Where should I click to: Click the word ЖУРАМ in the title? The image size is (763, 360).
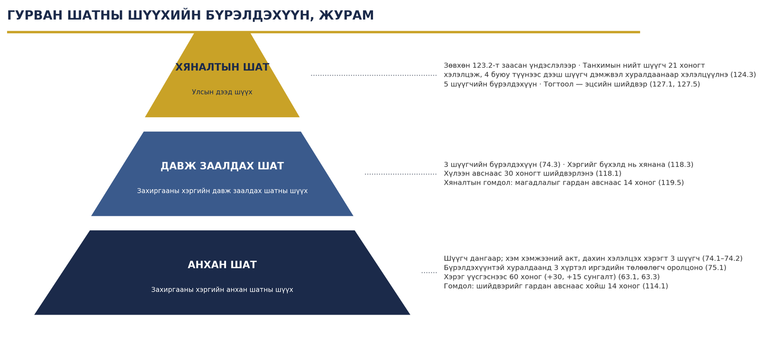tap(346, 16)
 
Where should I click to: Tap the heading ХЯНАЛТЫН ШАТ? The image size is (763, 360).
tap(222, 67)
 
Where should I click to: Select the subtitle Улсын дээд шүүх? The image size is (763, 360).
tap(222, 92)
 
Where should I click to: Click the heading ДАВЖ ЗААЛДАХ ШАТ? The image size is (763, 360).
tap(222, 166)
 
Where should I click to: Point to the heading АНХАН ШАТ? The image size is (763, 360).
tap(222, 265)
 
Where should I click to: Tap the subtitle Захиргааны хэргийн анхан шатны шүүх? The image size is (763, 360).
tap(222, 289)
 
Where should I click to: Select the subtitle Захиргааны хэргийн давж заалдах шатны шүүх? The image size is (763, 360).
tap(222, 191)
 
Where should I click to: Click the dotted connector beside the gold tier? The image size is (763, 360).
tap(374, 75)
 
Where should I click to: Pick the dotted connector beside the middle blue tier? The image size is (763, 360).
tap(401, 174)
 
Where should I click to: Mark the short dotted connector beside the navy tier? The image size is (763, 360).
tap(429, 272)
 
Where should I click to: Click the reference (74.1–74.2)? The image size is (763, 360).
tap(722, 258)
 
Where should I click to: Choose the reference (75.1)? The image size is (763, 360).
tap(716, 267)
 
